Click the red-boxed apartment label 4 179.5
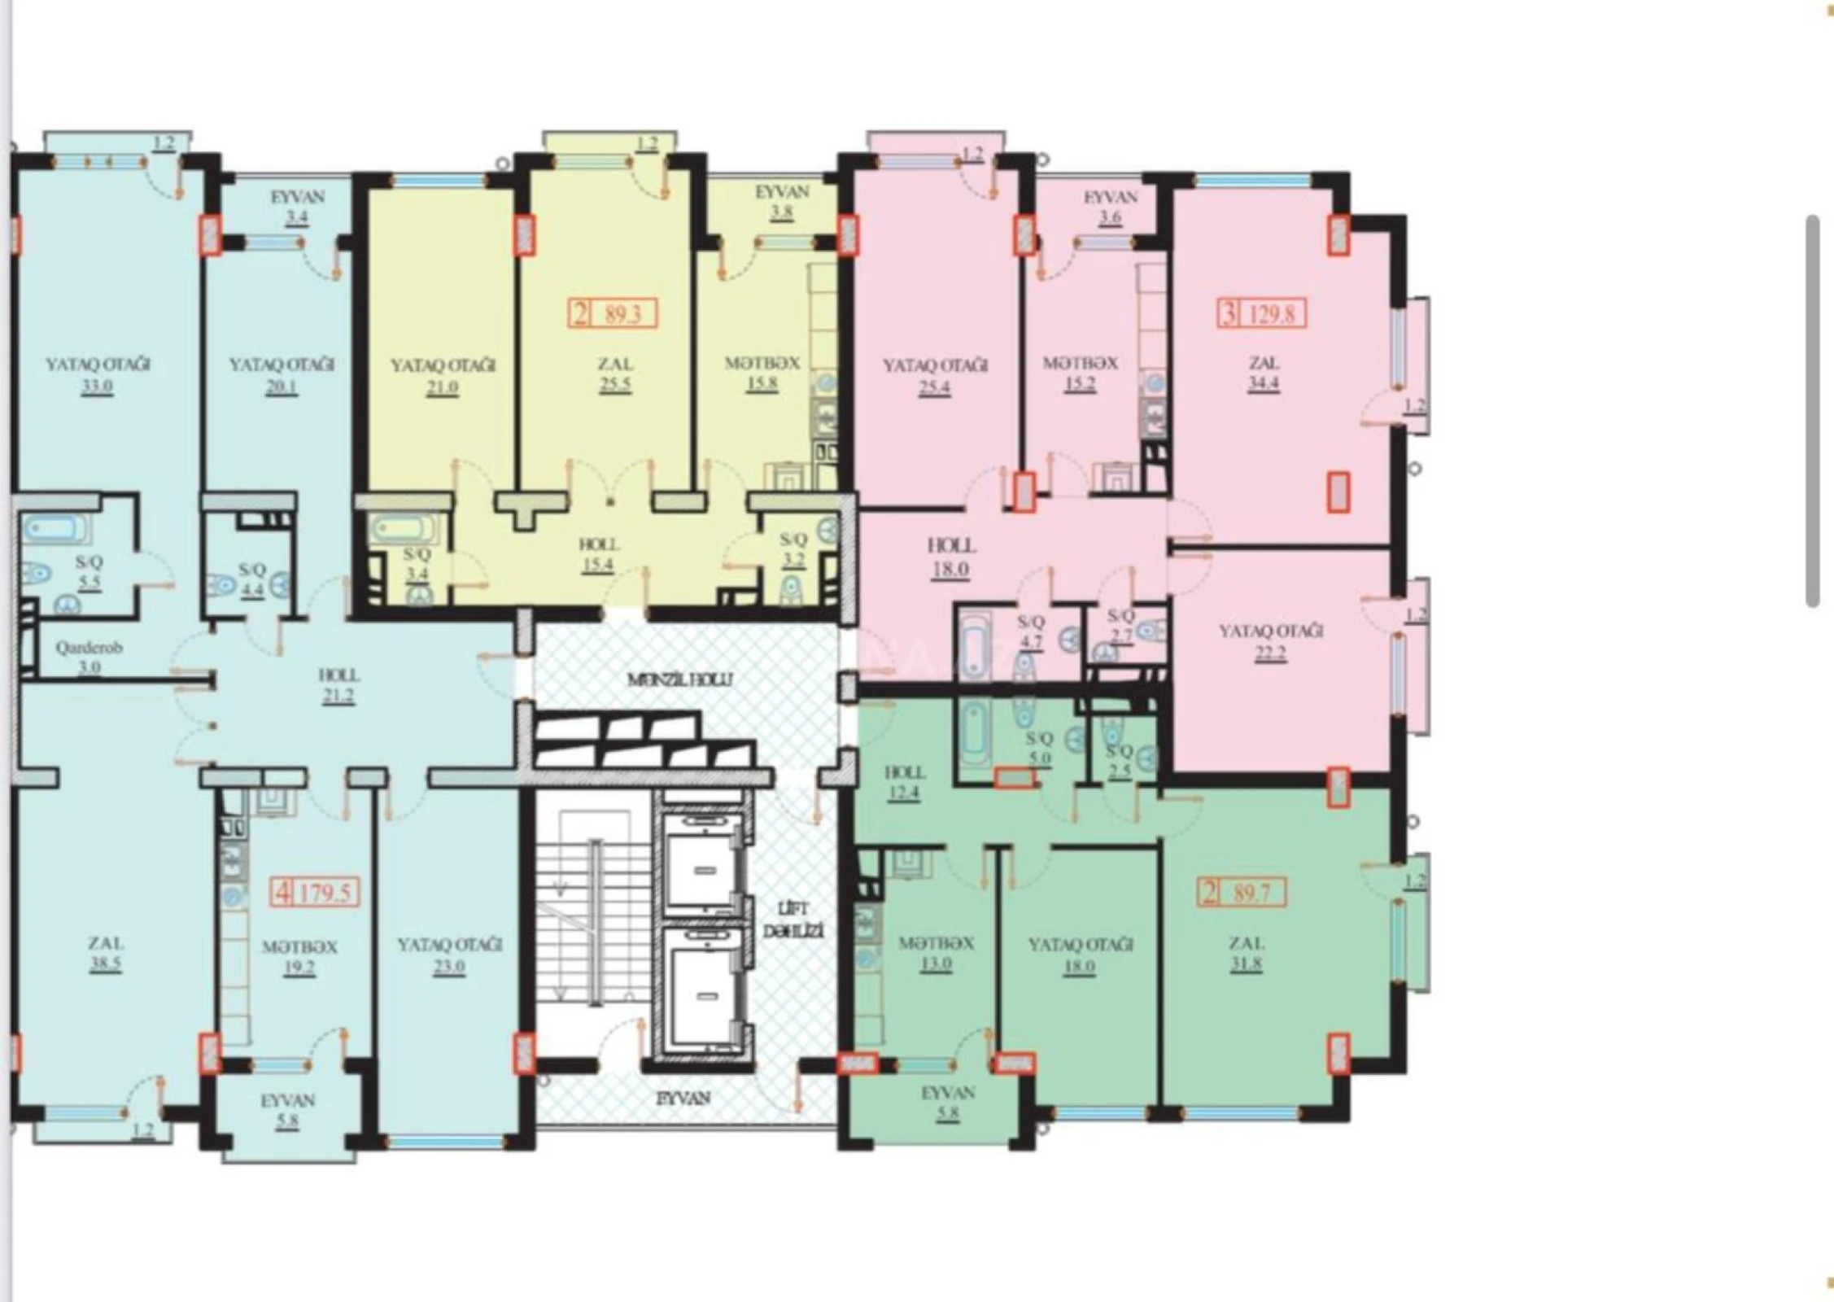click(x=315, y=893)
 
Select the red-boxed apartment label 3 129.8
click(x=1262, y=313)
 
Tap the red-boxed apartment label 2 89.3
click(x=612, y=313)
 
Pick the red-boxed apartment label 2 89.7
click(x=1242, y=894)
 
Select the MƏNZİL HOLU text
click(x=680, y=679)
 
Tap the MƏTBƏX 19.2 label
click(x=299, y=957)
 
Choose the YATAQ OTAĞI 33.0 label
click(x=97, y=374)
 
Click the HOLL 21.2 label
click(x=338, y=685)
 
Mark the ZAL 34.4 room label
click(x=1263, y=373)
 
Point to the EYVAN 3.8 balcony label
click(x=782, y=202)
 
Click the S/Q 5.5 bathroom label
click(x=90, y=572)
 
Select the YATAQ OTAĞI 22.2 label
click(x=1271, y=641)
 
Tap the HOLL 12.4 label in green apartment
click(x=904, y=781)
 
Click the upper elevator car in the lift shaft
click(x=703, y=863)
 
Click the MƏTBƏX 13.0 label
click(x=936, y=954)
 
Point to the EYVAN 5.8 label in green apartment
click(x=948, y=1103)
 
